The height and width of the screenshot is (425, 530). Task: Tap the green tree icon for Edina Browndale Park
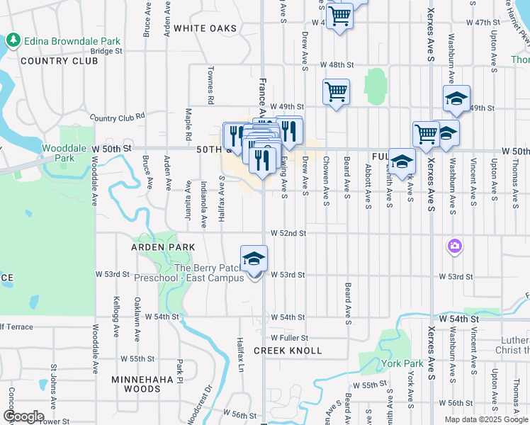click(12, 40)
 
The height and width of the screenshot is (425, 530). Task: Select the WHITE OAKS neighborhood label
click(205, 28)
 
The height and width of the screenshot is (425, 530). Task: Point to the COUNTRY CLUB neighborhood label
click(60, 61)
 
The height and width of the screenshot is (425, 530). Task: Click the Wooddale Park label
click(58, 153)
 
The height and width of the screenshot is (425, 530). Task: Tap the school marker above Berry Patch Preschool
click(254, 260)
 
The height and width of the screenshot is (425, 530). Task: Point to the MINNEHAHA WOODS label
click(136, 384)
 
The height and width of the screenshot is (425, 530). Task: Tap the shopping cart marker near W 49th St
click(336, 91)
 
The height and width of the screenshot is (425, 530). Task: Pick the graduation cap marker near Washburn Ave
click(456, 98)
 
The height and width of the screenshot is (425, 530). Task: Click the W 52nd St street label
click(287, 233)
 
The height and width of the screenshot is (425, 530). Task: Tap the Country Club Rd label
click(118, 116)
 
